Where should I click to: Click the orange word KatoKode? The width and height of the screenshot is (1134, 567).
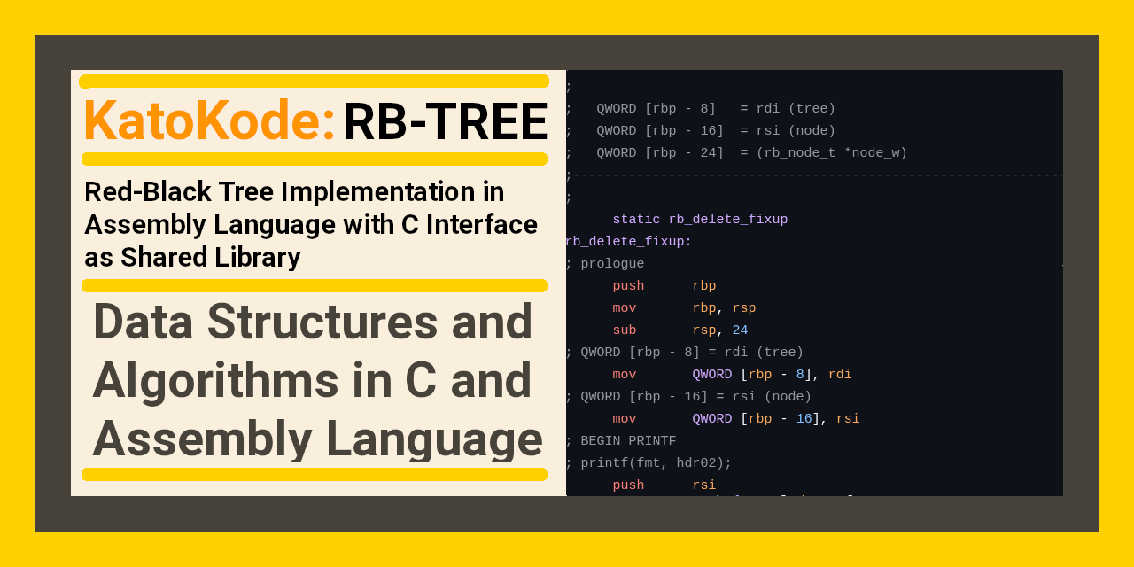click(209, 121)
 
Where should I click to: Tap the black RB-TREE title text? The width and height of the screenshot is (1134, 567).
click(446, 122)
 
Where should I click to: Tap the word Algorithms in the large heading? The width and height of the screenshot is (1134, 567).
click(215, 380)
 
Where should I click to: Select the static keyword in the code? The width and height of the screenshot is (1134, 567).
click(636, 220)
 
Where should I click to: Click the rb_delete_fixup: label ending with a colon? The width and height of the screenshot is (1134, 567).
click(628, 242)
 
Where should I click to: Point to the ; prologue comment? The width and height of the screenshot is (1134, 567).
click(604, 264)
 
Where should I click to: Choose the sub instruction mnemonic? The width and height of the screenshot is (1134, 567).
click(625, 330)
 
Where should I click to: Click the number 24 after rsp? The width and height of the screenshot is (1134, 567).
click(740, 330)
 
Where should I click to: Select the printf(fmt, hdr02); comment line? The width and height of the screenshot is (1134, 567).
click(649, 463)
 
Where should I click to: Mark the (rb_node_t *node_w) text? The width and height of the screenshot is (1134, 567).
click(831, 153)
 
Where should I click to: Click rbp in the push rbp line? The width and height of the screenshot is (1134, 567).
click(703, 286)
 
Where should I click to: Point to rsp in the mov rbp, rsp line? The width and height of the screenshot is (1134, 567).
click(743, 308)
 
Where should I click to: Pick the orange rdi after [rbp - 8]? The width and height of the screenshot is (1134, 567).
click(840, 375)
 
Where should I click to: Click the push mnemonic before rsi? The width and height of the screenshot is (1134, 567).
click(628, 485)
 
